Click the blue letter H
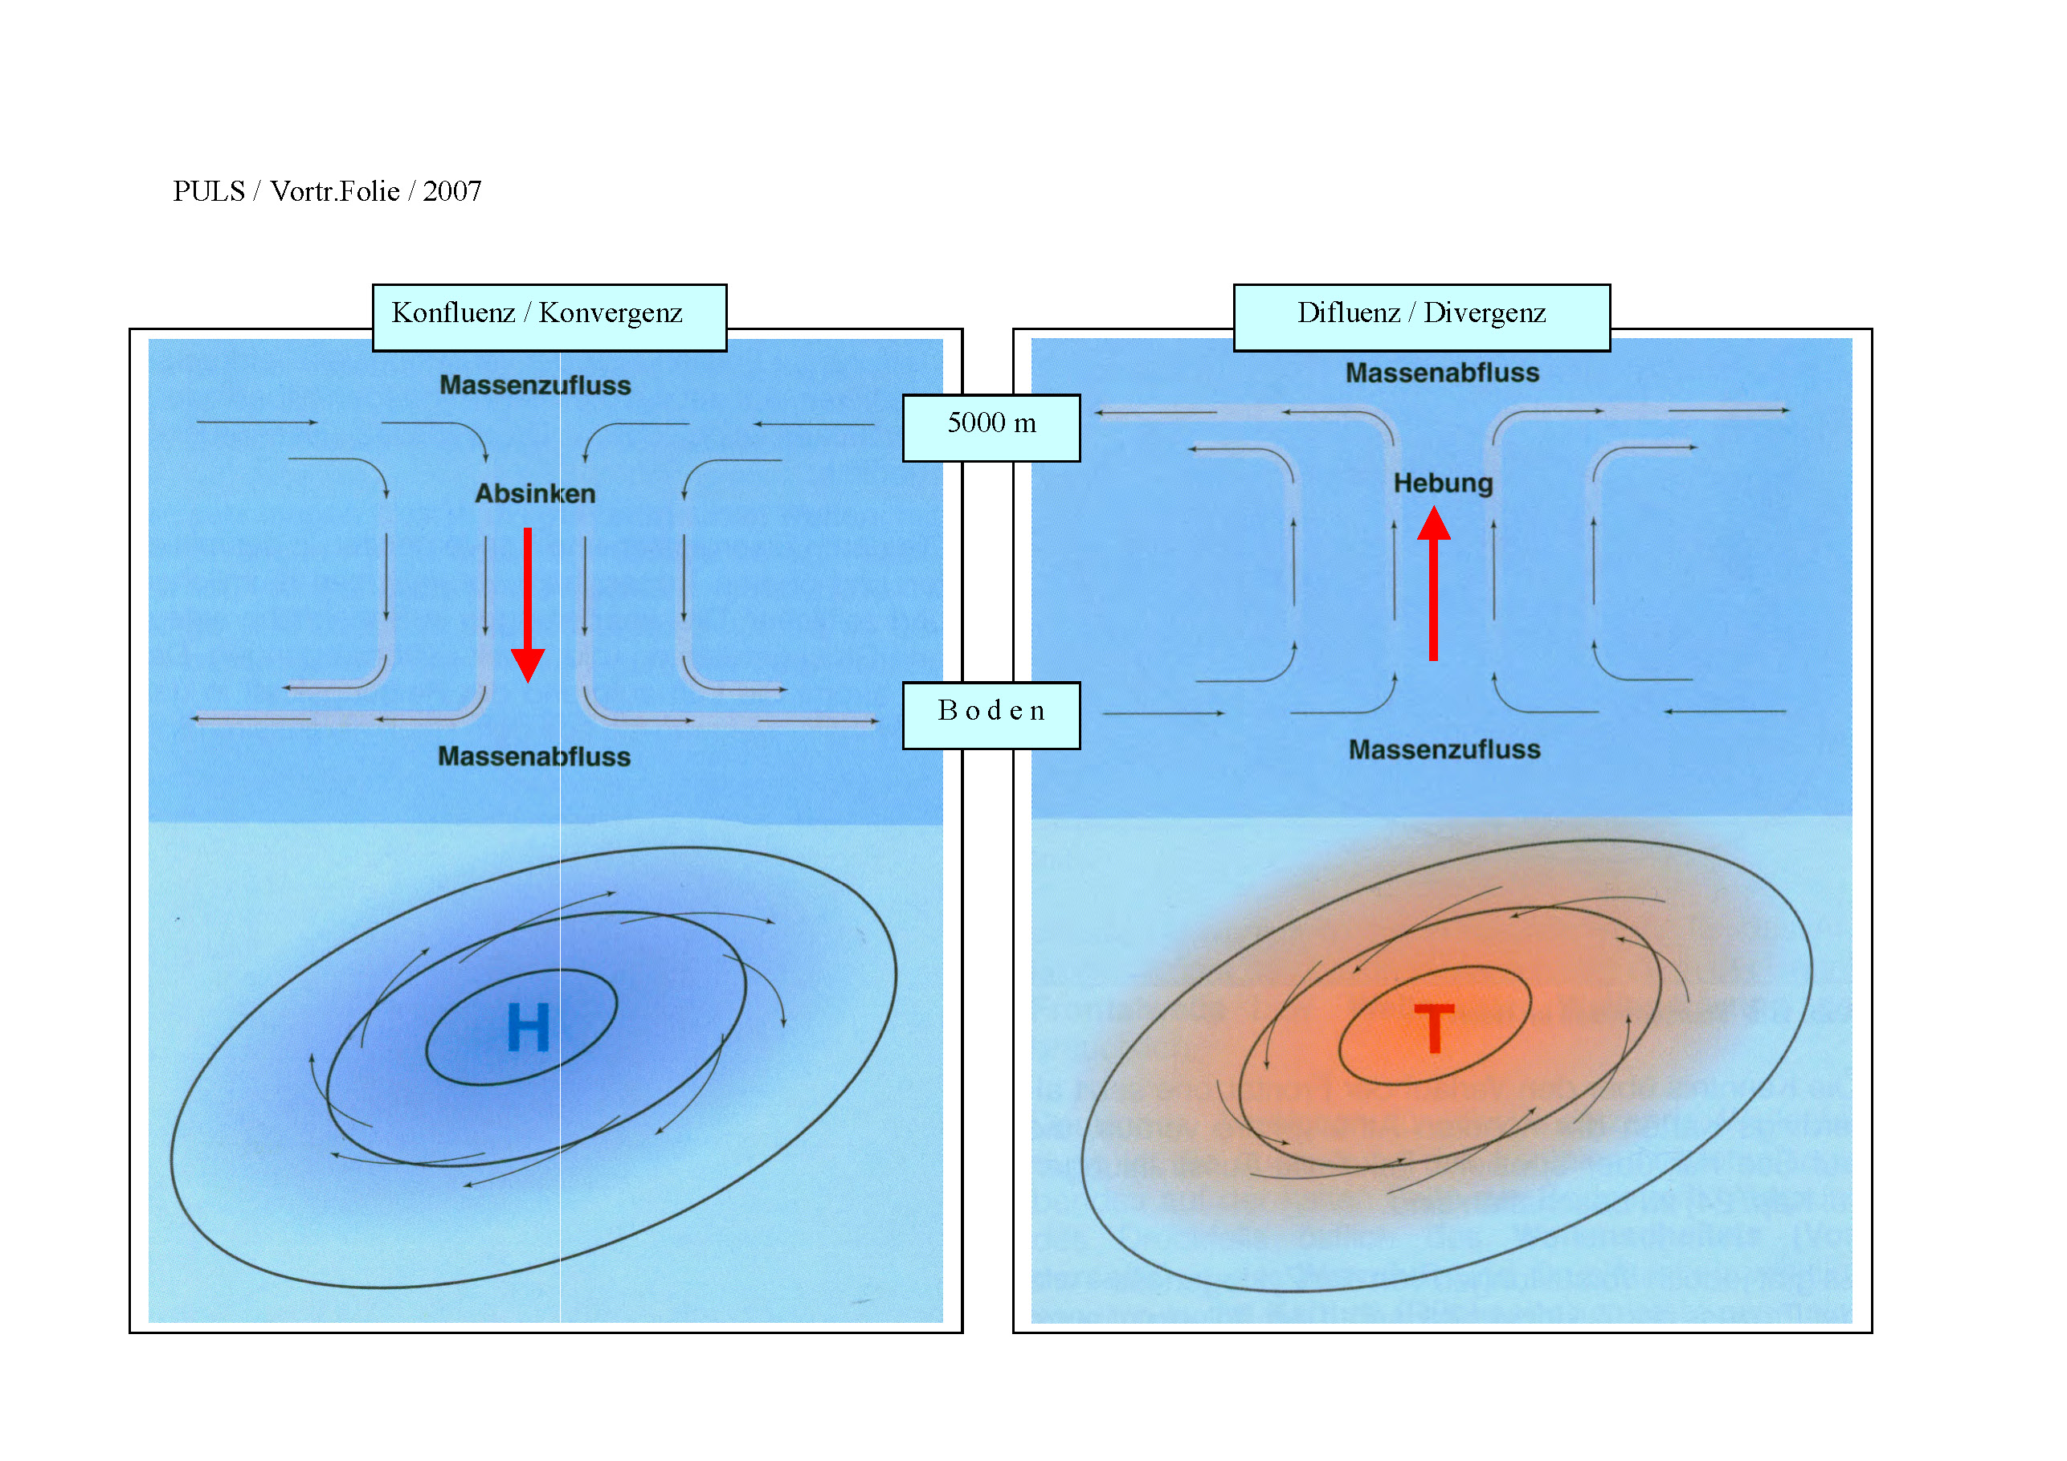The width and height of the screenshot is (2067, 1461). pos(528,1027)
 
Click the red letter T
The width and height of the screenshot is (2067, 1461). pos(1434,1028)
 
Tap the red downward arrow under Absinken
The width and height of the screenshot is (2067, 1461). pos(528,603)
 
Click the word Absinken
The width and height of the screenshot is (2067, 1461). pos(535,493)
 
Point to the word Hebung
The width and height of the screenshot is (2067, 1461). pos(1443,484)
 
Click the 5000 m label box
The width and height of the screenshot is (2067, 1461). pos(991,427)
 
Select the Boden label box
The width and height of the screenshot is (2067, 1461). pos(991,715)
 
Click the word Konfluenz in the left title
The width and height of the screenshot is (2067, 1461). pos(453,312)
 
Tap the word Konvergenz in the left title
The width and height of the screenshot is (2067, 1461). pos(611,312)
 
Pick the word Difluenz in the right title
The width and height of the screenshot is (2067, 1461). pos(1348,312)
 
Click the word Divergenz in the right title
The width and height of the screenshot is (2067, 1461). pos(1485,312)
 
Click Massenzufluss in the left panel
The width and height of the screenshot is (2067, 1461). pos(535,386)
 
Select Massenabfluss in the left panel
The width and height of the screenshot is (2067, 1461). pos(534,756)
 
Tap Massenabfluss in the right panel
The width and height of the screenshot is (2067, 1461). pos(1442,373)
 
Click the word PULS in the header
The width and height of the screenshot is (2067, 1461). pos(209,191)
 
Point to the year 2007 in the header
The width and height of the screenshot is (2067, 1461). pos(452,191)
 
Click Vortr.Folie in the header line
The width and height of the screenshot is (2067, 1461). pos(335,191)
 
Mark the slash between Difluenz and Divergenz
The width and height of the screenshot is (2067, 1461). pos(1411,312)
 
